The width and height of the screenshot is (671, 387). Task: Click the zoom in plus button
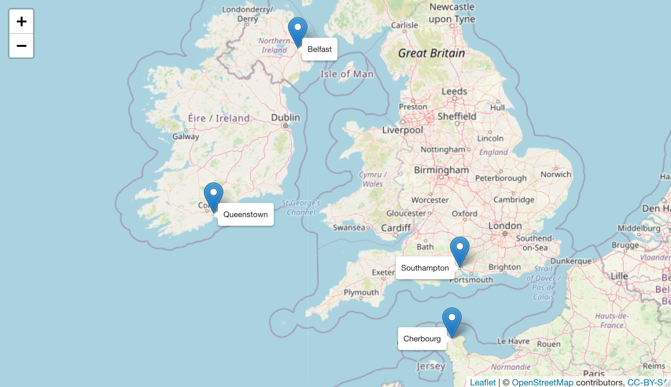click(21, 21)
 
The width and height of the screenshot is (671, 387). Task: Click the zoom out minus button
click(21, 46)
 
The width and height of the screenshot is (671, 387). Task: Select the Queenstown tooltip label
click(245, 214)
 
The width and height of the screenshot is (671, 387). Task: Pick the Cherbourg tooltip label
click(422, 339)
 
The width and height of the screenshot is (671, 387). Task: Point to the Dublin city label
click(285, 118)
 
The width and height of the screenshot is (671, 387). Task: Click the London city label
click(505, 226)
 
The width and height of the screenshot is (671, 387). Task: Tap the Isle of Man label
click(347, 74)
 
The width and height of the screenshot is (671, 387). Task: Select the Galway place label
click(186, 136)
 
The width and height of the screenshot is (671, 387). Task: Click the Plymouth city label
click(361, 292)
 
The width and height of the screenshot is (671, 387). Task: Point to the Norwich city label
click(555, 174)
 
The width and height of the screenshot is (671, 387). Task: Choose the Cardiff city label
click(396, 228)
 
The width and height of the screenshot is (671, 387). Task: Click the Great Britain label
click(431, 53)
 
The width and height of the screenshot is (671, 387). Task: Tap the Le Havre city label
click(513, 341)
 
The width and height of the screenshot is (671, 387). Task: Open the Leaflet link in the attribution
click(483, 382)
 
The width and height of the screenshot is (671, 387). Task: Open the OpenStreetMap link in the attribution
click(542, 382)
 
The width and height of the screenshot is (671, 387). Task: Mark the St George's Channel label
click(301, 207)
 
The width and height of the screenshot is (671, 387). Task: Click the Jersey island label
click(431, 366)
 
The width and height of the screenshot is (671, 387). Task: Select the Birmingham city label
click(441, 170)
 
